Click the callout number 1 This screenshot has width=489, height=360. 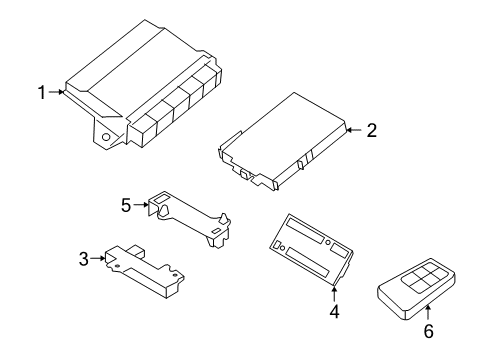tap(42, 93)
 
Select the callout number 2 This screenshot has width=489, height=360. tap(370, 129)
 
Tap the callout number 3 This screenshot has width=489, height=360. tap(83, 258)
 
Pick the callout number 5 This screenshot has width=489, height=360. tap(126, 204)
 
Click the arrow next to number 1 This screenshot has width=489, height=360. tap(58, 93)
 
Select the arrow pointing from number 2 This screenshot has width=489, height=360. tap(352, 129)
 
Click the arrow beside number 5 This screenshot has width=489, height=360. tap(141, 204)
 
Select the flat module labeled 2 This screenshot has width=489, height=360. tap(285, 140)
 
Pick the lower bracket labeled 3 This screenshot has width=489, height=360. tap(145, 270)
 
